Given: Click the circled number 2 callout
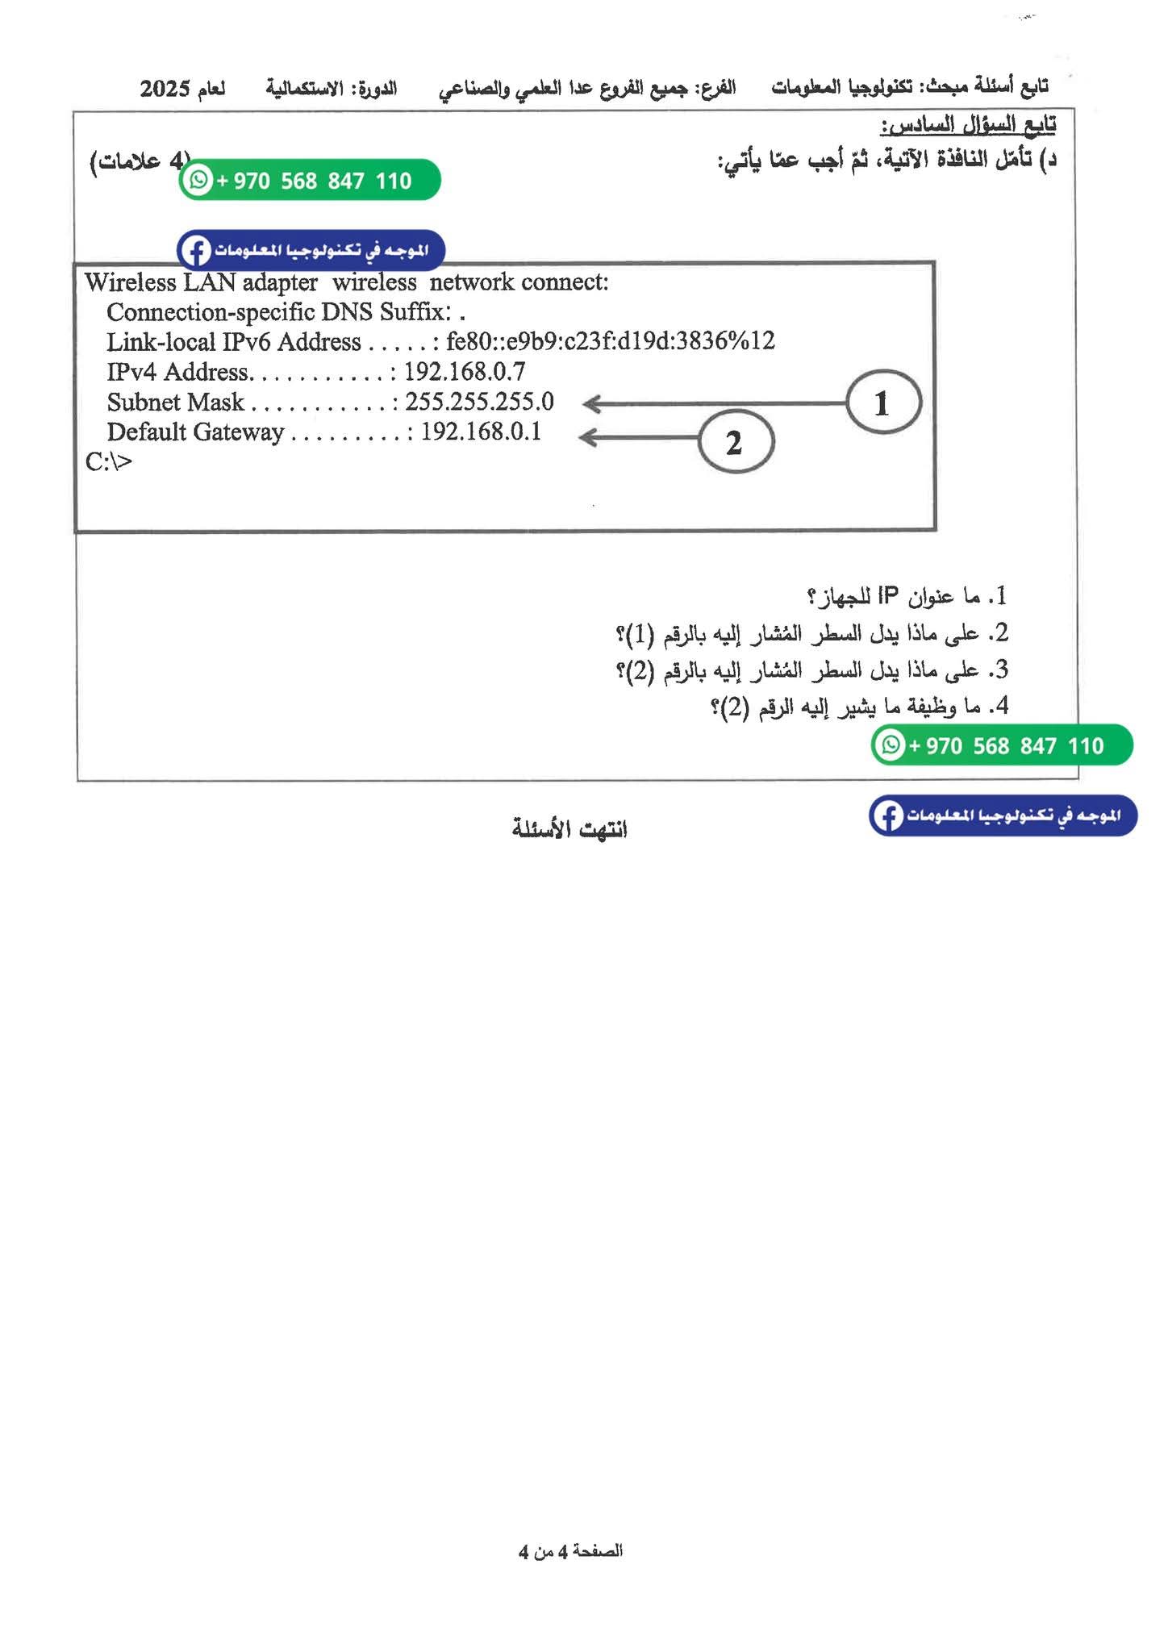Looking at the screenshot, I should (735, 442).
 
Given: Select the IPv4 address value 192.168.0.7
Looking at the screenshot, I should (465, 372).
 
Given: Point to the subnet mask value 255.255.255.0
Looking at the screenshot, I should (479, 402).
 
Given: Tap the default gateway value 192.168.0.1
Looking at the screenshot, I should (481, 432).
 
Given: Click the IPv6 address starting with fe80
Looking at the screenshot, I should (610, 341).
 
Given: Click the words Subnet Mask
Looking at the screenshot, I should (175, 402).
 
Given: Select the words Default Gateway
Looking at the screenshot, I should (195, 432).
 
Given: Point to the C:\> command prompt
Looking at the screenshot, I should (109, 461).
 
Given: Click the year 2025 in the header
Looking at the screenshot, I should (165, 89).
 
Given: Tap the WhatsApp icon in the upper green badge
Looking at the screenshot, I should (198, 180).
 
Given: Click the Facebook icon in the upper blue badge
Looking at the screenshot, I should (195, 251).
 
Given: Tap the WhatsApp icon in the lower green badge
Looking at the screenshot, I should (891, 745).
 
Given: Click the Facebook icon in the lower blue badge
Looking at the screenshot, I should (887, 816).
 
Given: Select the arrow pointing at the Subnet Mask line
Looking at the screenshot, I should (714, 403).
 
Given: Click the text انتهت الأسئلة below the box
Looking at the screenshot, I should (569, 828).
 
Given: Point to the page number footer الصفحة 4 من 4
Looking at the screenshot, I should (570, 1551).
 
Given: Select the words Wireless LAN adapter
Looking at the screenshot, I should (201, 282).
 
